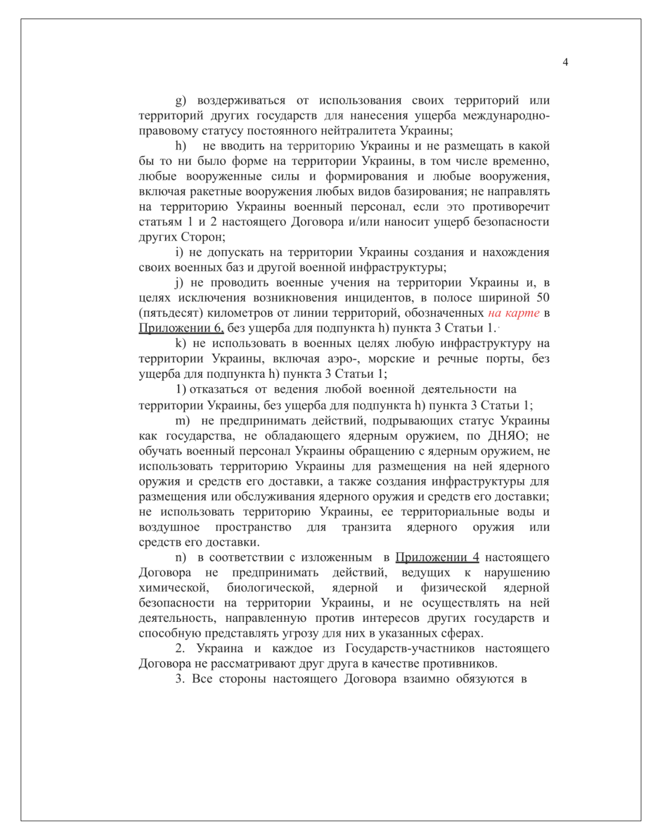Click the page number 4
[565, 62]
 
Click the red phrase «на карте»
[514, 313]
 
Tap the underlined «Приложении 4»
[437, 557]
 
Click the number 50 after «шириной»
[543, 298]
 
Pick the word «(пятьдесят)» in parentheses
[171, 313]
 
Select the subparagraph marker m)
[182, 421]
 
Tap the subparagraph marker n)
[180, 557]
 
